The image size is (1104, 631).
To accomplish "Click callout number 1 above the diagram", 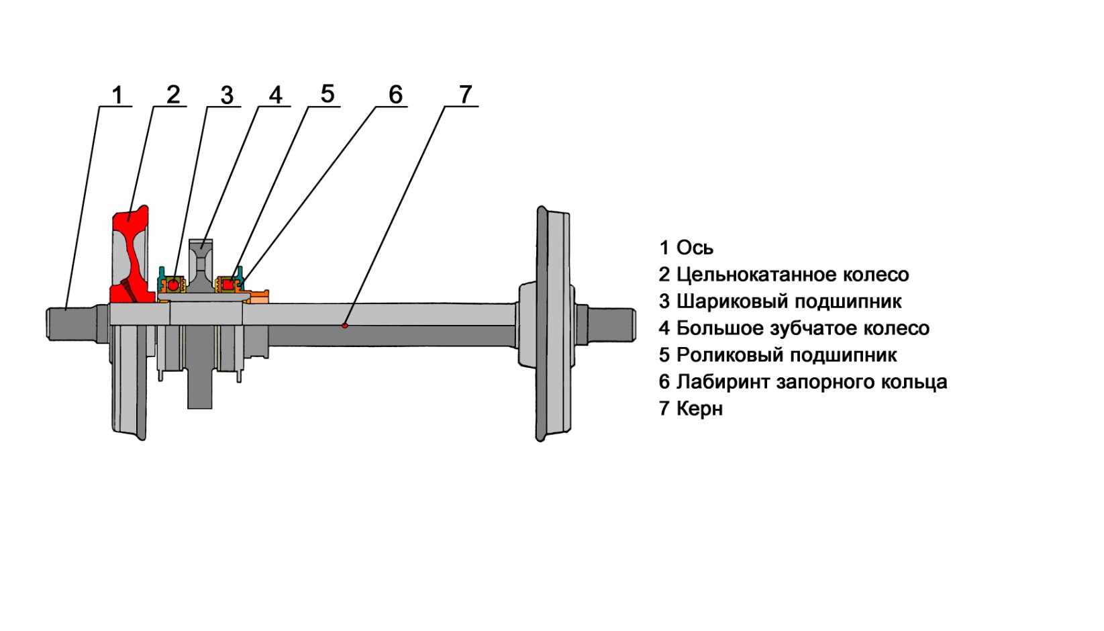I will [x=117, y=95].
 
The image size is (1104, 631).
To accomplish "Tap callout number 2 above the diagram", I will [x=173, y=95].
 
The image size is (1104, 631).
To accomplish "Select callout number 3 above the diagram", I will [x=227, y=96].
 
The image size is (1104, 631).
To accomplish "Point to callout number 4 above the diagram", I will [x=276, y=95].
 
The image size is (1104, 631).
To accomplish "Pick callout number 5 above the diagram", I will [x=327, y=94].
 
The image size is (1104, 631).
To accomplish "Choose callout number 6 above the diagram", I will [x=395, y=95].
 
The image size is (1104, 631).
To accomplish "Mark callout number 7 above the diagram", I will [x=466, y=95].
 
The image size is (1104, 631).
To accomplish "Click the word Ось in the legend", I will [x=695, y=248].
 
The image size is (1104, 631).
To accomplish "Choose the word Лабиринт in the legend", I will [x=723, y=382].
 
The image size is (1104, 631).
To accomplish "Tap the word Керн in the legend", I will [x=699, y=408].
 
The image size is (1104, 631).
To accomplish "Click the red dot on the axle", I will [x=345, y=326].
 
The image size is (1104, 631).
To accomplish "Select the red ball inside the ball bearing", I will [x=174, y=285].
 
